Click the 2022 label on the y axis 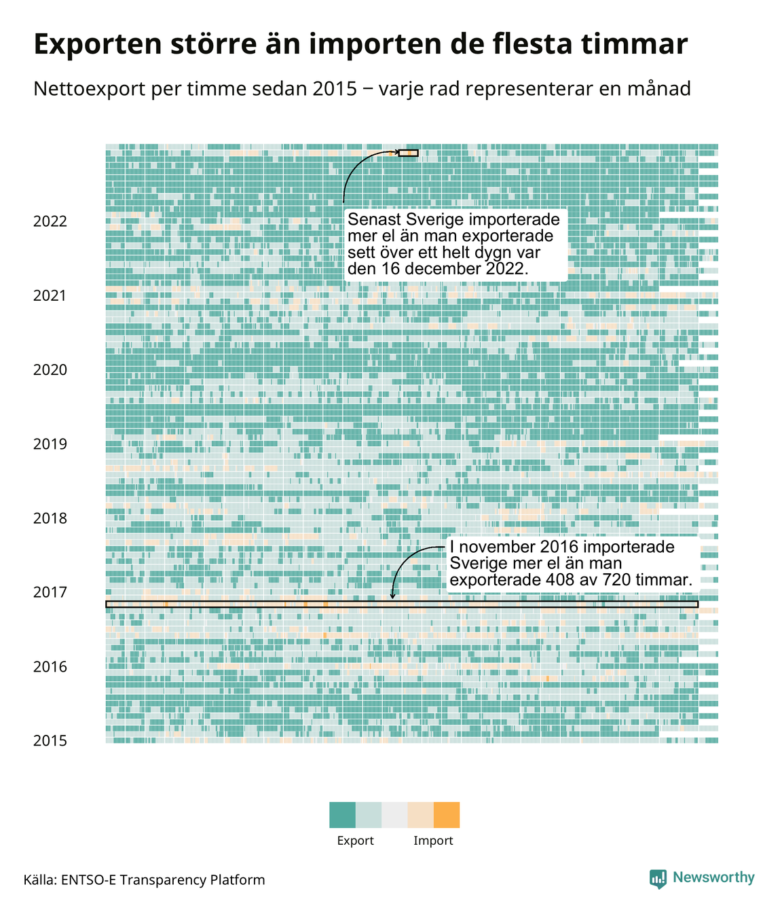click(x=50, y=221)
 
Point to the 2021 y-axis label click(x=50, y=295)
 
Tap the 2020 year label click(x=50, y=370)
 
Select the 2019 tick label click(x=50, y=444)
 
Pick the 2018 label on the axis click(x=50, y=518)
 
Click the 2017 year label click(x=50, y=592)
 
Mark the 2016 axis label click(x=50, y=667)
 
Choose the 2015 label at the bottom click(x=50, y=741)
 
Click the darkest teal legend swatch click(x=342, y=815)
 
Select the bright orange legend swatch click(x=447, y=815)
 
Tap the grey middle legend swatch click(x=394, y=815)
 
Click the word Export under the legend click(x=355, y=841)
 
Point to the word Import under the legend click(x=433, y=841)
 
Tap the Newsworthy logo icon click(x=658, y=879)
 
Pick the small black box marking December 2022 click(x=408, y=153)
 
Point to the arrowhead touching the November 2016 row click(x=392, y=597)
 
